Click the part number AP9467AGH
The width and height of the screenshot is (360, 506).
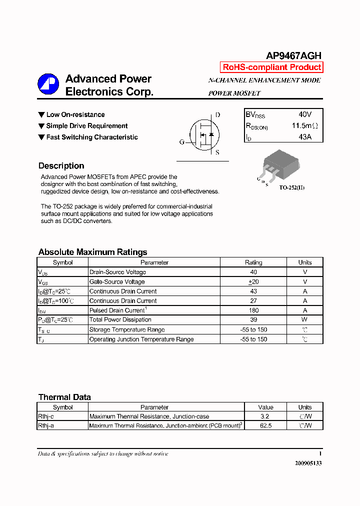(293, 56)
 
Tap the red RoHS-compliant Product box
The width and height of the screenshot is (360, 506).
(271, 67)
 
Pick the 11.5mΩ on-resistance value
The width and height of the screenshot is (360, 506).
(304, 125)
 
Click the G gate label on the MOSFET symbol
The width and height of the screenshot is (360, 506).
(182, 142)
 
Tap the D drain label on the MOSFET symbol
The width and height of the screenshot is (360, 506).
(217, 115)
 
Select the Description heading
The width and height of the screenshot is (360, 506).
(61, 166)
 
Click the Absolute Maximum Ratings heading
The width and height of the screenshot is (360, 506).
(92, 252)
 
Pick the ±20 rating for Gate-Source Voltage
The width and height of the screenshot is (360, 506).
(253, 282)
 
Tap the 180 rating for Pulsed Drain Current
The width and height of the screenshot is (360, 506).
(253, 310)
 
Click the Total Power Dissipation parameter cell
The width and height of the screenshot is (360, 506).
(120, 320)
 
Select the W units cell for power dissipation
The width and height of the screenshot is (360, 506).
(304, 320)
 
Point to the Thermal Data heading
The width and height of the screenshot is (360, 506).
(64, 397)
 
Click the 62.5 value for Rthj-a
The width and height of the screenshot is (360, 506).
(265, 425)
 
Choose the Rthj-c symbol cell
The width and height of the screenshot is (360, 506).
(46, 416)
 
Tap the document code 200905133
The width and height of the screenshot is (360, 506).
(308, 463)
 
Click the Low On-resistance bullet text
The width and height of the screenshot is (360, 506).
(75, 115)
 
